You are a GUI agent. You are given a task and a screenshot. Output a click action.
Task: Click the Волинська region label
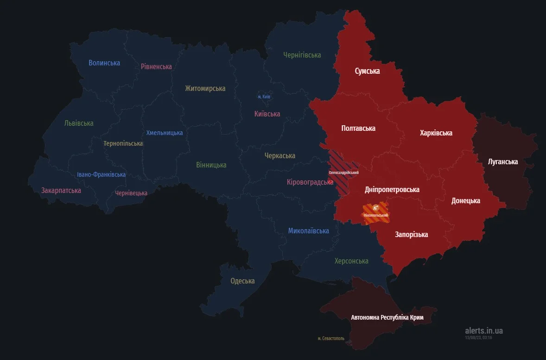pos(104,63)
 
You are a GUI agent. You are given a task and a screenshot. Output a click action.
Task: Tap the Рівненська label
pos(156,66)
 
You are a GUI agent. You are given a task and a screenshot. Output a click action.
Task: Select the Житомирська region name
pos(205,88)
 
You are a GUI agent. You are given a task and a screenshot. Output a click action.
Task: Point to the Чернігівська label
pos(302,55)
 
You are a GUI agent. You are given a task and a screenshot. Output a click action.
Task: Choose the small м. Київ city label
pos(264,96)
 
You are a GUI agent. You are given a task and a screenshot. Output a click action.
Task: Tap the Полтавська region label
pos(358,128)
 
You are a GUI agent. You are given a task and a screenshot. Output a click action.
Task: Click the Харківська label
pos(436,133)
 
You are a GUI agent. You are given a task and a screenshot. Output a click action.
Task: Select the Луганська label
pos(503,162)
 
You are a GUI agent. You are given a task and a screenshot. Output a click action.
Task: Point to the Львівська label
pos(79,123)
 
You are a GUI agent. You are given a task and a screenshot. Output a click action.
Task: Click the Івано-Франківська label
pos(101,174)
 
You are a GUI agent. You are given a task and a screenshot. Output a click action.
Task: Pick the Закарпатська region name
pos(61,190)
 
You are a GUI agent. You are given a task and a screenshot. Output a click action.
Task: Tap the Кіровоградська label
pos(310,182)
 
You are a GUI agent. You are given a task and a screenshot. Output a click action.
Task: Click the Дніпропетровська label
pos(392,189)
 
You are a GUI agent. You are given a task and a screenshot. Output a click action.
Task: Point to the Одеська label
pos(242,281)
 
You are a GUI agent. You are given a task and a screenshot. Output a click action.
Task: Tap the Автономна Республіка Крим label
pos(387,318)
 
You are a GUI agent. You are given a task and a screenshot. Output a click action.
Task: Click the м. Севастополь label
pos(331,339)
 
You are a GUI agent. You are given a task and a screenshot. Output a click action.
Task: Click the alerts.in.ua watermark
pos(483,331)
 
